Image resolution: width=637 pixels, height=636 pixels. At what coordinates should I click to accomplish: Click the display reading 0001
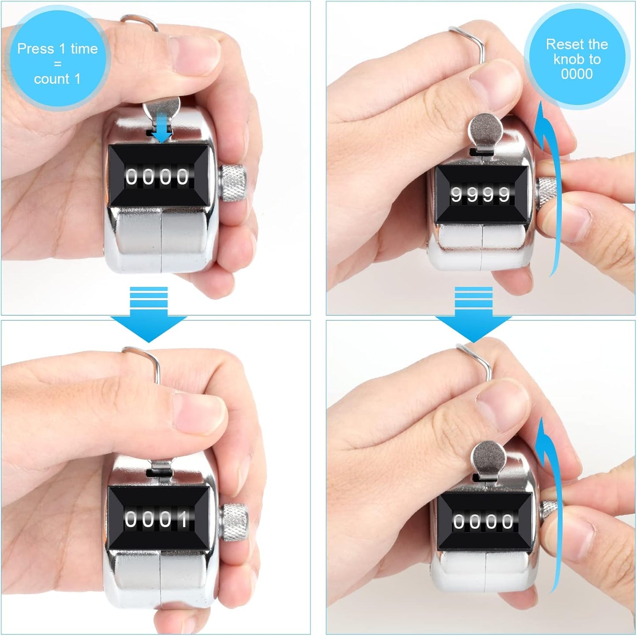pos(157,519)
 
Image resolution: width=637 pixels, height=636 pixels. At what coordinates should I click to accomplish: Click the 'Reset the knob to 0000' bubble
pos(577,59)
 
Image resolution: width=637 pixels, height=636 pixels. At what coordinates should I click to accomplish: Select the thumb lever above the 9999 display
pos(484,130)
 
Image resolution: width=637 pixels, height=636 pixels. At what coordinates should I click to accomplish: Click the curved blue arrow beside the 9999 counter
pos(547,190)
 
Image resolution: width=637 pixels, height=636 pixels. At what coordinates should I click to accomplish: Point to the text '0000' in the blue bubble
pos(577,74)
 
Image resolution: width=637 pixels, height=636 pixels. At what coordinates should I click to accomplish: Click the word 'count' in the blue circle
pos(52,79)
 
